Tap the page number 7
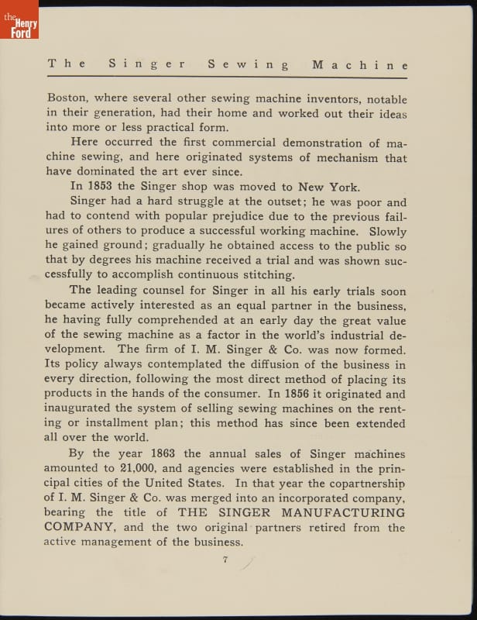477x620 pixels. pos(225,562)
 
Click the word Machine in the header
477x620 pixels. pos(360,65)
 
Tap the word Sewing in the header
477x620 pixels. pos(248,65)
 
